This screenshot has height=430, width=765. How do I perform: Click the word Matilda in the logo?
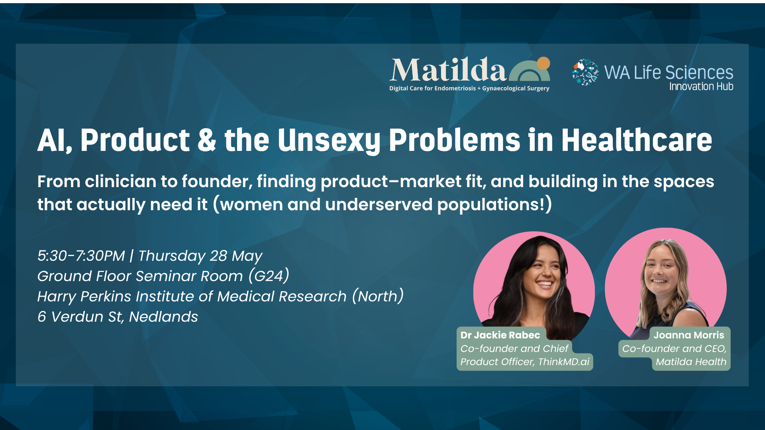[448, 70]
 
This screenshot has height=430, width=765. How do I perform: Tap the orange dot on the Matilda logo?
[543, 63]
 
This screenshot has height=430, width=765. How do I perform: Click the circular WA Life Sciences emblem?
[585, 72]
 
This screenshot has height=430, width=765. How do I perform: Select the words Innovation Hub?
[701, 86]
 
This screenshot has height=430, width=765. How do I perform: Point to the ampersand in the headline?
[206, 140]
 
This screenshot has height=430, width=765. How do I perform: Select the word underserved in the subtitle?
[379, 205]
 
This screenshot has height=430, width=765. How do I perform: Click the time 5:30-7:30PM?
[81, 256]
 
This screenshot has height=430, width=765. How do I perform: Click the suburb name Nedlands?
[163, 317]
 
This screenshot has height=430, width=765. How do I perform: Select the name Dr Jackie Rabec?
[500, 335]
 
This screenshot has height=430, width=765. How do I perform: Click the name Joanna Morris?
[689, 335]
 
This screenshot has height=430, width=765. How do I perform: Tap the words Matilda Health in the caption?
[691, 362]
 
